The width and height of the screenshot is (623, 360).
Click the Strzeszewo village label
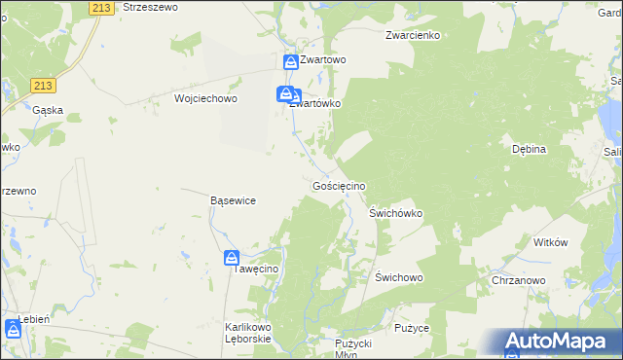click(149, 7)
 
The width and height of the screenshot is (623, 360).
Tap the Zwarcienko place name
click(413, 36)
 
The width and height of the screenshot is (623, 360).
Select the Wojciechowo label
click(205, 98)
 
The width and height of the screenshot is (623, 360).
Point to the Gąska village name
click(48, 110)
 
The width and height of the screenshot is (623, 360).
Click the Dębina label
click(530, 149)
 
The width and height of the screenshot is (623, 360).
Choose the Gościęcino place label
click(338, 185)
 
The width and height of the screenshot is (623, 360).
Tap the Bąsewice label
click(233, 200)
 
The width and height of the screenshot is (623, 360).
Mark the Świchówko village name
click(395, 211)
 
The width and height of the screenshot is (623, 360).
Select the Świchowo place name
click(398, 277)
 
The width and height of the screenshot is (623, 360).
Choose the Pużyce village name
click(412, 329)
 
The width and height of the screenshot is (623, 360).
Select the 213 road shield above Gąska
click(41, 86)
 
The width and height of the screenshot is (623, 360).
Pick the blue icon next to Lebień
click(11, 326)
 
